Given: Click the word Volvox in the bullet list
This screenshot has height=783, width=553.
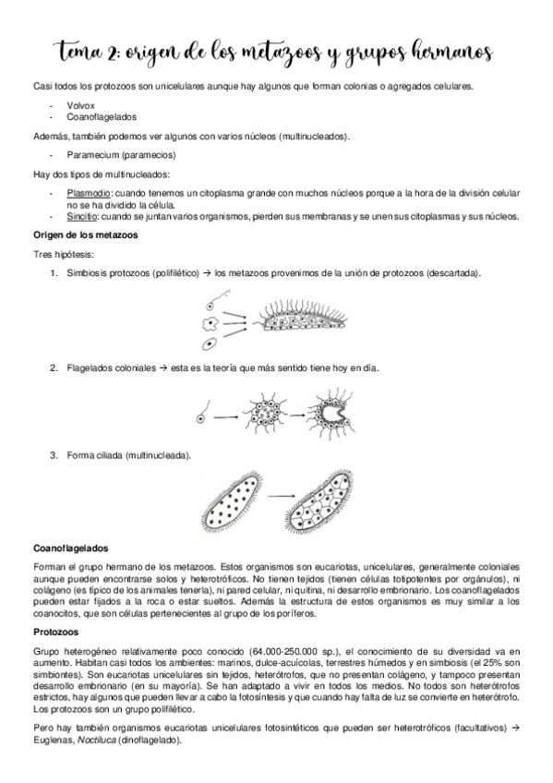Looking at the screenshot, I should tap(79, 106).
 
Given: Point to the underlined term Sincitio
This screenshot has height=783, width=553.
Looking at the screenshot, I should tap(82, 217).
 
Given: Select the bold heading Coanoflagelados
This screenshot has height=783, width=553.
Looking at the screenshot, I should tap(70, 547).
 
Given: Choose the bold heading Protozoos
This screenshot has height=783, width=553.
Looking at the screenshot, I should tap(55, 632).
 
